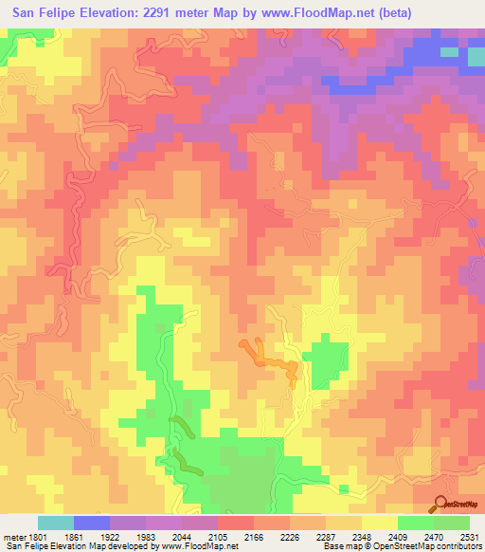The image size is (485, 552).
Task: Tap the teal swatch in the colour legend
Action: click(56, 523)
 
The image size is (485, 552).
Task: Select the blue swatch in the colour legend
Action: click(92, 523)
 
